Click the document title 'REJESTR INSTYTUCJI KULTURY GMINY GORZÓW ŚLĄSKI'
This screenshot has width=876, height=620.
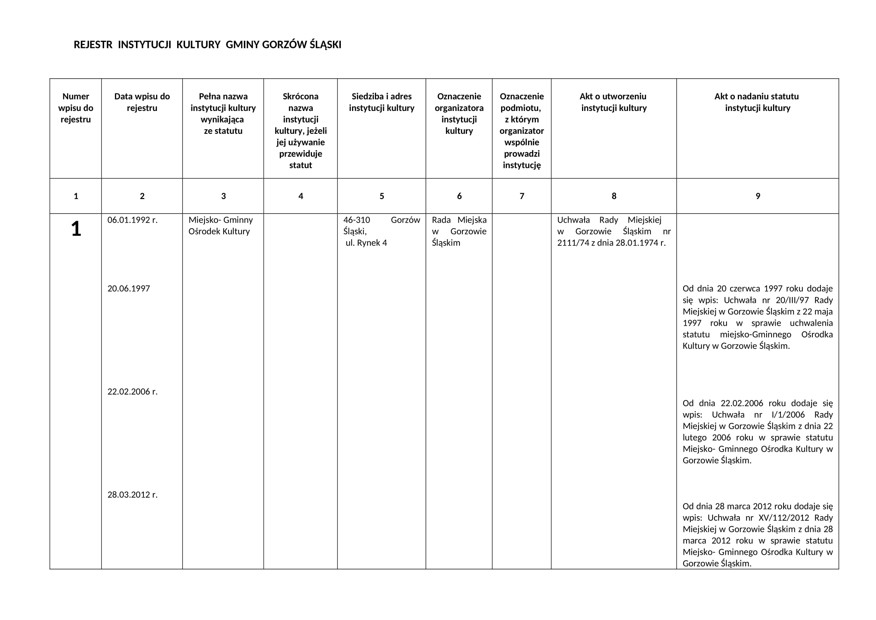point(207,45)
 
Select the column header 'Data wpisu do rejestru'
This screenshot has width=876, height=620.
point(142,102)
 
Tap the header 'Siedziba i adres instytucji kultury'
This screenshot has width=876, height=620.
point(382,102)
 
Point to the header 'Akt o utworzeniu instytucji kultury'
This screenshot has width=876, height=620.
point(613,102)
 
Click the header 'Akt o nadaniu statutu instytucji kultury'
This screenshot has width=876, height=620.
point(757,102)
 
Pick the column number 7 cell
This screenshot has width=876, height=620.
point(522,196)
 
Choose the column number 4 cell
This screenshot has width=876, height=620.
point(301,196)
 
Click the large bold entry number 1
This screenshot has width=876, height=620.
point(76,229)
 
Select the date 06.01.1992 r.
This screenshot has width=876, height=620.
point(132,220)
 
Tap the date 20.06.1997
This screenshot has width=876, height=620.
point(128,289)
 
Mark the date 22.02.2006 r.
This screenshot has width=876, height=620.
point(132,392)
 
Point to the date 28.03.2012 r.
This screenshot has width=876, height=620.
point(132,495)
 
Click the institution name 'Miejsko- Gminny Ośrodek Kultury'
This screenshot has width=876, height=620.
point(221,226)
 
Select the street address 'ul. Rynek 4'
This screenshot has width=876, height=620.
point(366,243)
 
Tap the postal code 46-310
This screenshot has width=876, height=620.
point(357,220)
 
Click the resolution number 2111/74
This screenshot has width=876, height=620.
point(573,243)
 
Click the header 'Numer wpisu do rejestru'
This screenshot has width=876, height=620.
point(76,108)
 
